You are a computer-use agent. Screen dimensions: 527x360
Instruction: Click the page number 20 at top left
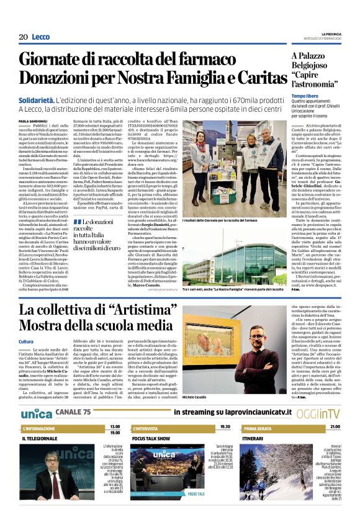[x=23, y=37]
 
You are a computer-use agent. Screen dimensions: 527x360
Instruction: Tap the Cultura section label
[x=26, y=342]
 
